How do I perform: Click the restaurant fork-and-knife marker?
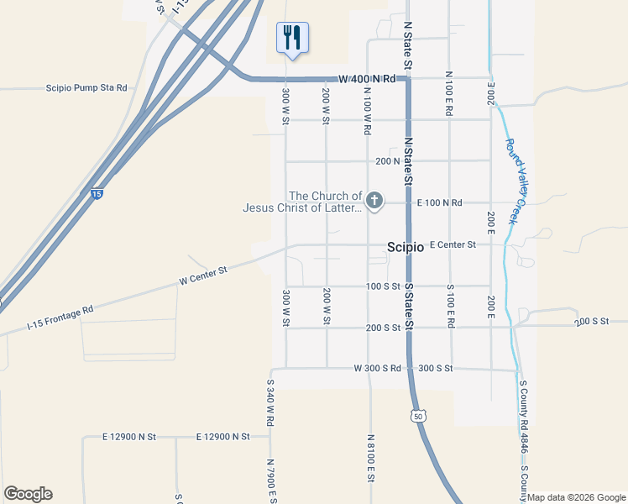coord(292,38)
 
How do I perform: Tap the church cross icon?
coord(374,201)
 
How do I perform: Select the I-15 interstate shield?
coord(97,194)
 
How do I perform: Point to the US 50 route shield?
coord(418,415)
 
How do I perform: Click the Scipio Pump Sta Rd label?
coord(86,87)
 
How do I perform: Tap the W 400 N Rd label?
coord(367,79)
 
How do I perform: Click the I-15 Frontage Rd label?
coord(60,318)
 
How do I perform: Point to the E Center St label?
coord(453,245)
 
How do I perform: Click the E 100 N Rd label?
coord(440,202)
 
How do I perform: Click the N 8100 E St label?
coord(369,458)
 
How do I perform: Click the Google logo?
coord(28,494)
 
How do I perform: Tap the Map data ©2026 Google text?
coord(576,497)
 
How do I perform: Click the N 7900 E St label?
coord(270,480)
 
